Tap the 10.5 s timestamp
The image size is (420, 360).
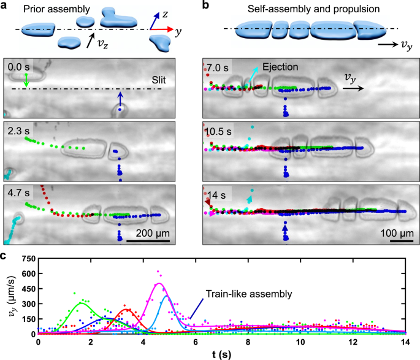[x=218, y=130]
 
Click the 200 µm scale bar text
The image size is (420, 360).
[x=147, y=234]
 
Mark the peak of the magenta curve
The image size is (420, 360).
[x=159, y=283]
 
